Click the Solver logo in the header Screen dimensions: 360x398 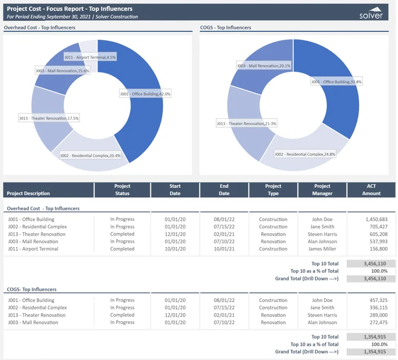[371, 13]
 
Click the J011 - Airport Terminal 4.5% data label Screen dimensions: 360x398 [89, 57]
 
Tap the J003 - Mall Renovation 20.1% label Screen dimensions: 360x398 [264, 66]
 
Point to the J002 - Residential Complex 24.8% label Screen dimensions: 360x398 [305, 154]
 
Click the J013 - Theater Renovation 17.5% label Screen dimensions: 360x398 [49, 118]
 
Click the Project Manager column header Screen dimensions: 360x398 [322, 190]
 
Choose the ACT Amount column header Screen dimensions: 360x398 [371, 190]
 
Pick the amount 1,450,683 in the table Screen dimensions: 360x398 [376, 219]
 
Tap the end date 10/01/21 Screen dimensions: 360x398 [224, 249]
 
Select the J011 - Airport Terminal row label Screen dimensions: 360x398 [33, 249]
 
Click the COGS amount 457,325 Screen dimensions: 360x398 [377, 300]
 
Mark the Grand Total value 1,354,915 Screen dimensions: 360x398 [371, 352]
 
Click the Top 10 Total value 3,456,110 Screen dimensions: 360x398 [371, 264]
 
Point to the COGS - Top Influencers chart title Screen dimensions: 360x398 [226, 27]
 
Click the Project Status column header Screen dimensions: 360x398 [122, 190]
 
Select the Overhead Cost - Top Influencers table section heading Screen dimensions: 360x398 [43, 209]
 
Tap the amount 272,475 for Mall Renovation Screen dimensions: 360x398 [377, 322]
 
